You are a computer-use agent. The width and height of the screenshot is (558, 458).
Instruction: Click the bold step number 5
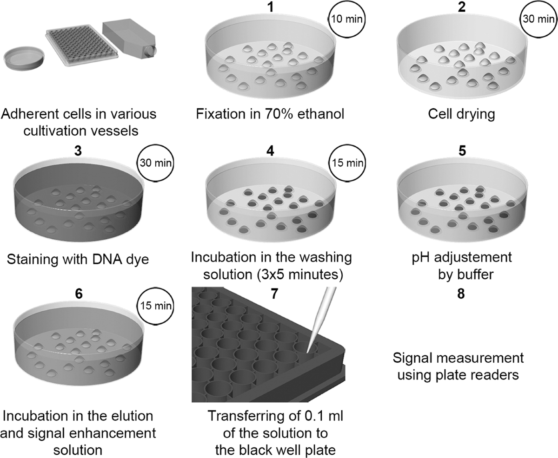(x=462, y=151)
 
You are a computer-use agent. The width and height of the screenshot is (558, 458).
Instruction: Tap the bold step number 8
(x=461, y=294)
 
